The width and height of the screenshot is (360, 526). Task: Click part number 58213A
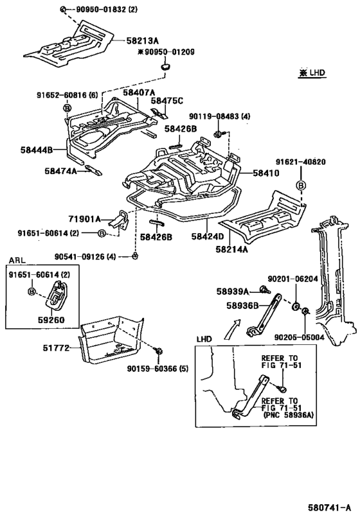coord(142,41)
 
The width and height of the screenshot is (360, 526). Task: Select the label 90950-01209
coord(170,52)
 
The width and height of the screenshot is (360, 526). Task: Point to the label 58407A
coord(139,92)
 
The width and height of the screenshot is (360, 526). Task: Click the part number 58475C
coord(167,101)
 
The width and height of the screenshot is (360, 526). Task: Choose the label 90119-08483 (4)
coord(219,116)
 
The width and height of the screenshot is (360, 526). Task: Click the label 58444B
coord(36,150)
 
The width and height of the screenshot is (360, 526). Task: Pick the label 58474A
coord(60,171)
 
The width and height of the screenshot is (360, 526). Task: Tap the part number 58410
coord(266,173)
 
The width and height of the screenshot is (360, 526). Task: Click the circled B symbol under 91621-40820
coord(301,185)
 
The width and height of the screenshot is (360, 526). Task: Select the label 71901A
coord(85,219)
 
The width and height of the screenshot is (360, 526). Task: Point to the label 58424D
coord(208,236)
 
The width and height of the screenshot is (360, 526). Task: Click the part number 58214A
coord(231,249)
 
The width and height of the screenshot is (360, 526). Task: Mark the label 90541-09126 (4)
coord(85,257)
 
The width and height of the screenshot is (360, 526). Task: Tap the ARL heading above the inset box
coord(17,260)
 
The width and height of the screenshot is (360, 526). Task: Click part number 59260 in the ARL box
coord(51,320)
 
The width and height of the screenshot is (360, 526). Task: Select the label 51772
coord(56,348)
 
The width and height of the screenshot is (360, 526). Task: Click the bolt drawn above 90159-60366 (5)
coord(158,351)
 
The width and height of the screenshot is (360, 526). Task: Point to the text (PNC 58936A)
coord(289,415)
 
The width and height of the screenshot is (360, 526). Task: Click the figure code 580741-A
coord(329,507)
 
